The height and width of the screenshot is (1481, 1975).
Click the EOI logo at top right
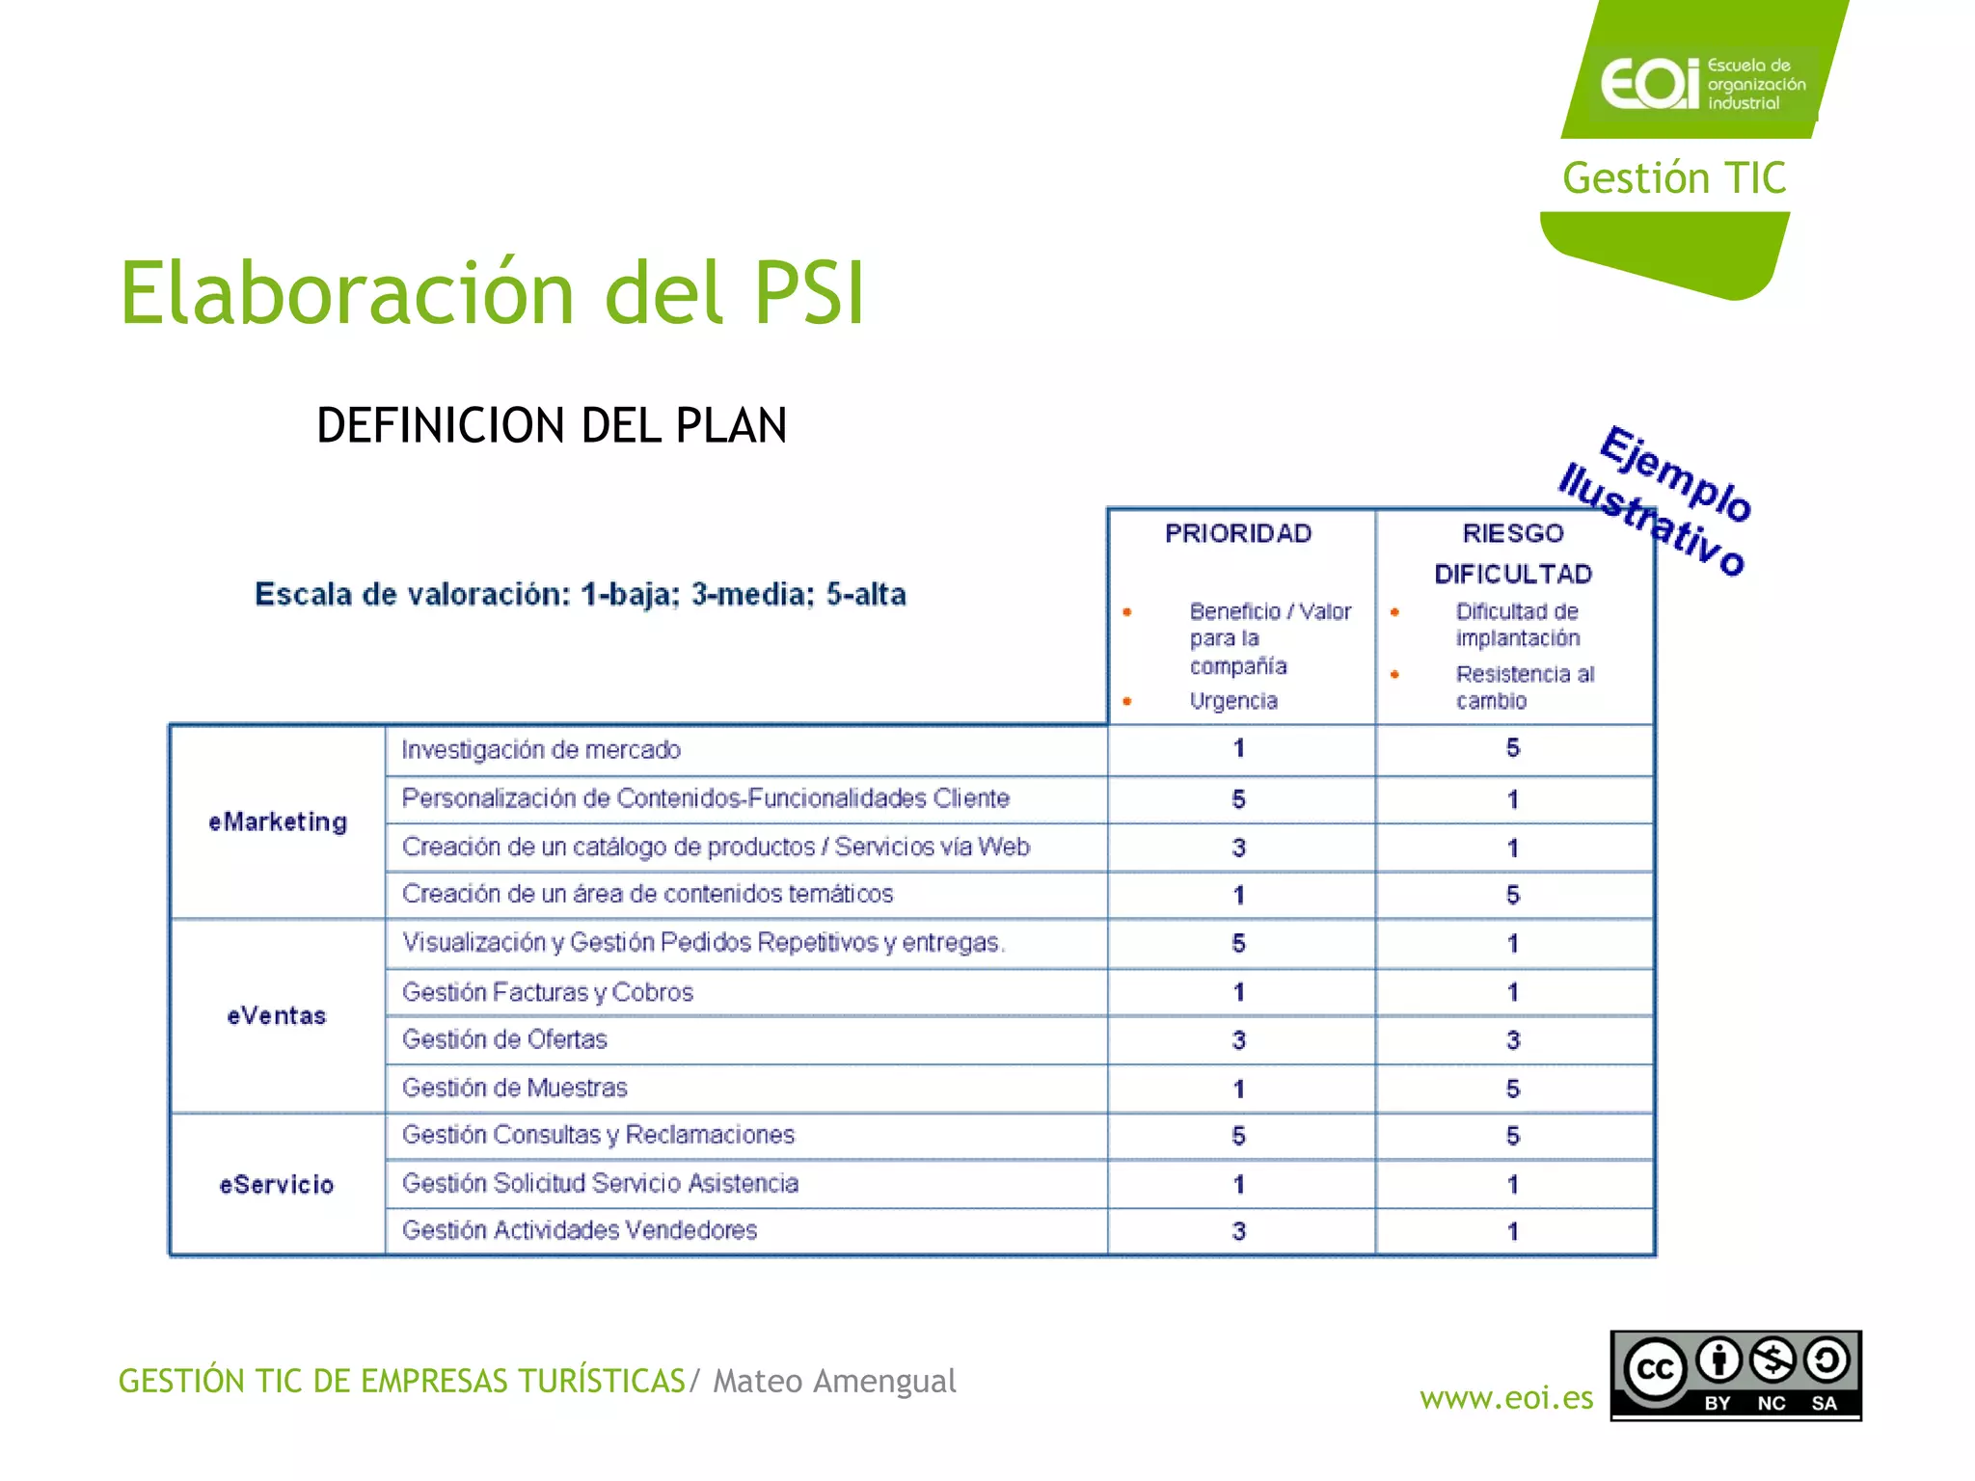[x=1702, y=83]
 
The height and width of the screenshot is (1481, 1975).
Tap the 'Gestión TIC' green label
[x=1674, y=178]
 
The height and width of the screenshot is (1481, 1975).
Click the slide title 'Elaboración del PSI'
[x=492, y=293]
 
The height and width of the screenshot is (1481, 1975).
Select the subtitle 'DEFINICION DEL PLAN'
[x=552, y=425]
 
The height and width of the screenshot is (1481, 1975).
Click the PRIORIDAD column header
[x=1238, y=533]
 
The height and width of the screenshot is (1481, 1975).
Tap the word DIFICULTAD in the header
[x=1512, y=575]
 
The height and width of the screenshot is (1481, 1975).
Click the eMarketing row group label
[x=278, y=821]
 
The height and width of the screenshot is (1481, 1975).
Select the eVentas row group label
[x=277, y=1015]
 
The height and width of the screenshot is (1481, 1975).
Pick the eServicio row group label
[x=277, y=1184]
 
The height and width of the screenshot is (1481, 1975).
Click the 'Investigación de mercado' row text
[x=541, y=749]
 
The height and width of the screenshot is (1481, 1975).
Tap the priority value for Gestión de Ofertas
[x=1238, y=1040]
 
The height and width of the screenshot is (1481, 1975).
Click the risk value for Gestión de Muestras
[x=1512, y=1089]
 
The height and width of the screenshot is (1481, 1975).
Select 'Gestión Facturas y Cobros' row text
[x=547, y=992]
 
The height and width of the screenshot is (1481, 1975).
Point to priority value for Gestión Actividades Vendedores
[x=1238, y=1231]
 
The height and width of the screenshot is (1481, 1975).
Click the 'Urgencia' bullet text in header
[x=1233, y=701]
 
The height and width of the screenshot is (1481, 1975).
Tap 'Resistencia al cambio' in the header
[x=1524, y=687]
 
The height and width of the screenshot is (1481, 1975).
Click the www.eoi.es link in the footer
[x=1506, y=1397]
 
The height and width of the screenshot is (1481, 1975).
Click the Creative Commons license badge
[x=1735, y=1376]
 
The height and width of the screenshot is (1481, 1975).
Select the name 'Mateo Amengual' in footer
[x=834, y=1381]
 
